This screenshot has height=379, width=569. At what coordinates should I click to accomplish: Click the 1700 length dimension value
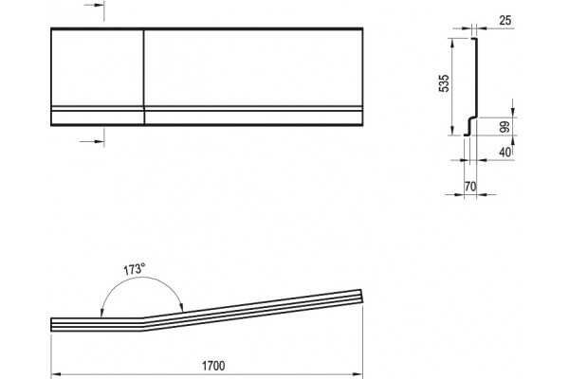click(x=213, y=366)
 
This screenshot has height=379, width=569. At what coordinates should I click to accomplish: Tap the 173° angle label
click(x=134, y=269)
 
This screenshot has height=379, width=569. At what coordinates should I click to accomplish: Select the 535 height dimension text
click(x=444, y=83)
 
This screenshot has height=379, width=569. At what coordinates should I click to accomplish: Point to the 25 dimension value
click(x=505, y=21)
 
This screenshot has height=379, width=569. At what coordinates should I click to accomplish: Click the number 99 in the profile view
click(x=505, y=127)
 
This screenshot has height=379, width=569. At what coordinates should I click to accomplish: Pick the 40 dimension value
click(x=505, y=153)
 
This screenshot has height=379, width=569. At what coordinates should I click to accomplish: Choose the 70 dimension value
click(x=470, y=187)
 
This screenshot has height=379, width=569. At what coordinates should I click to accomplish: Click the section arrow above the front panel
click(x=94, y=5)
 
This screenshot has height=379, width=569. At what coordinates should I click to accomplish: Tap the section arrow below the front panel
click(x=92, y=141)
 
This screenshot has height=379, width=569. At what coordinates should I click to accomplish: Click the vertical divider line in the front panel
click(x=144, y=77)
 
